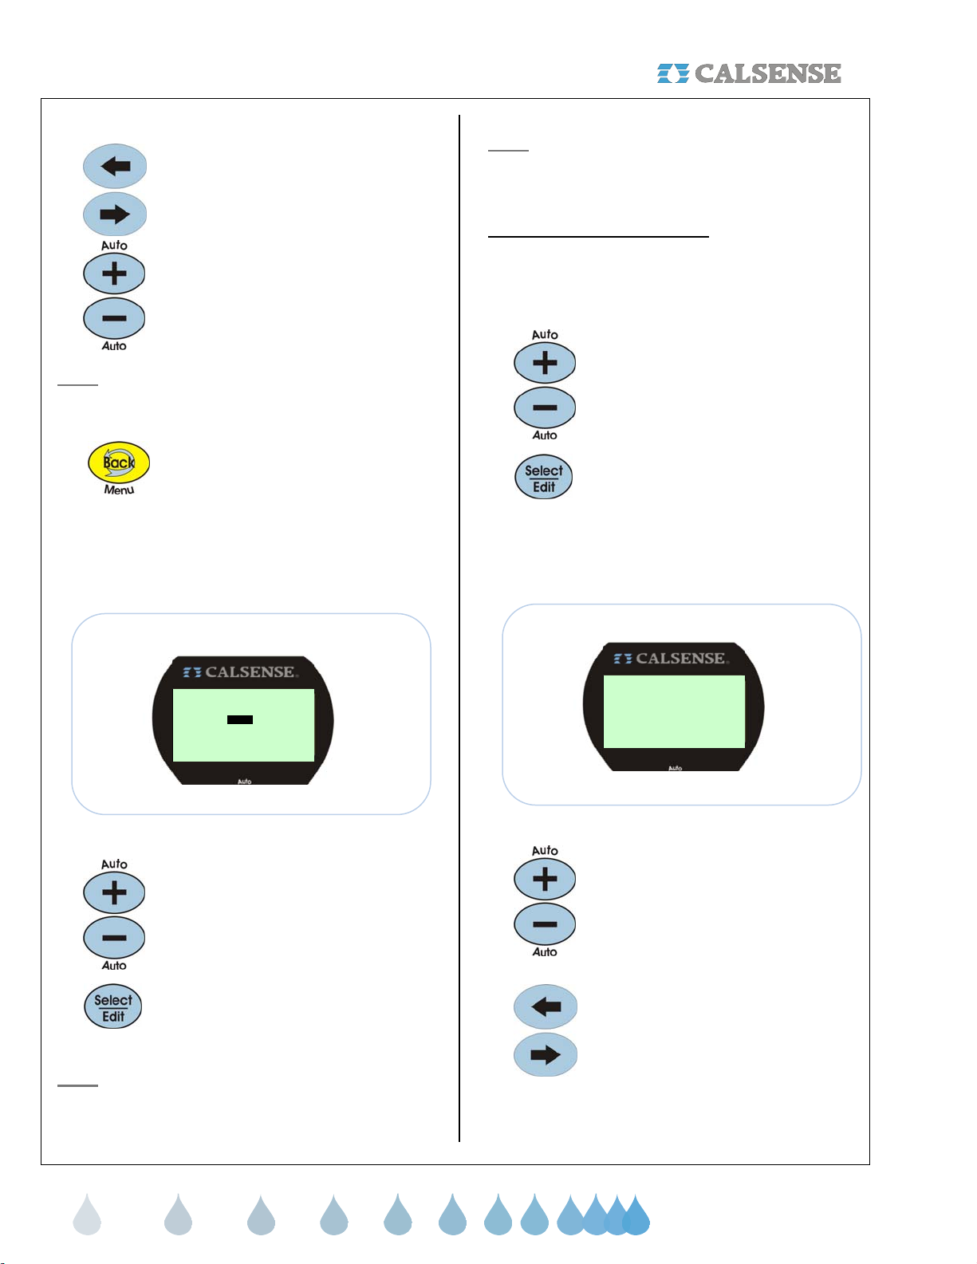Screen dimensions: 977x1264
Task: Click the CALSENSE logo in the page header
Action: (x=748, y=73)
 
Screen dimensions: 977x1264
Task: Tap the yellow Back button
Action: (x=119, y=462)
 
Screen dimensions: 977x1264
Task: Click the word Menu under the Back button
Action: (x=119, y=490)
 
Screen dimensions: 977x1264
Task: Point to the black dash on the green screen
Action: (x=239, y=719)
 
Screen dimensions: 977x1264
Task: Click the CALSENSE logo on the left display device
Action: (x=241, y=671)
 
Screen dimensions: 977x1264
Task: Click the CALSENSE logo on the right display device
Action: (x=671, y=658)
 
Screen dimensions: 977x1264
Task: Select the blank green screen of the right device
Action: (x=674, y=711)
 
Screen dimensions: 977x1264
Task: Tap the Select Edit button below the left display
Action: (x=112, y=1006)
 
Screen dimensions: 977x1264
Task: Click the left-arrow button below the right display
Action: (x=545, y=1006)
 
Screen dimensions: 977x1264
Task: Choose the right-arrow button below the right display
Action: (x=545, y=1054)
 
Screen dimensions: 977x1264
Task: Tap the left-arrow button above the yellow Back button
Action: (x=115, y=167)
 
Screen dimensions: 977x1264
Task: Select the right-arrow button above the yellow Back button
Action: (x=115, y=215)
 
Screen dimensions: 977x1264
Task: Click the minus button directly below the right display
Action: (x=545, y=924)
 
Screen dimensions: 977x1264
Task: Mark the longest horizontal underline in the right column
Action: (x=598, y=237)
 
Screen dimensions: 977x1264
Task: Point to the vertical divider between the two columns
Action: (x=459, y=628)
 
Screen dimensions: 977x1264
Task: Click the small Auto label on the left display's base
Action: (x=244, y=782)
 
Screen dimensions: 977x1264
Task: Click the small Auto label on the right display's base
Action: (x=675, y=768)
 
